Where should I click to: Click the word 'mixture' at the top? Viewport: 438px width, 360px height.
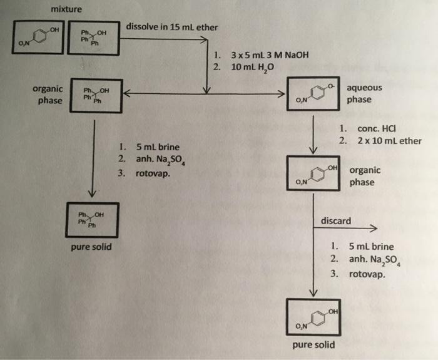click(66, 9)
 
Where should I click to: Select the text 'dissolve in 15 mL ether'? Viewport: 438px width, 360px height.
click(171, 28)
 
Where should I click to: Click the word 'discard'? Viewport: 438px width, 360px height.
click(335, 221)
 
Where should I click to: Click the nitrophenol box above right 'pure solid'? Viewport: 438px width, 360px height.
click(313, 318)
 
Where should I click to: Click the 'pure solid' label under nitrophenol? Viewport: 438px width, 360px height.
click(313, 345)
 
